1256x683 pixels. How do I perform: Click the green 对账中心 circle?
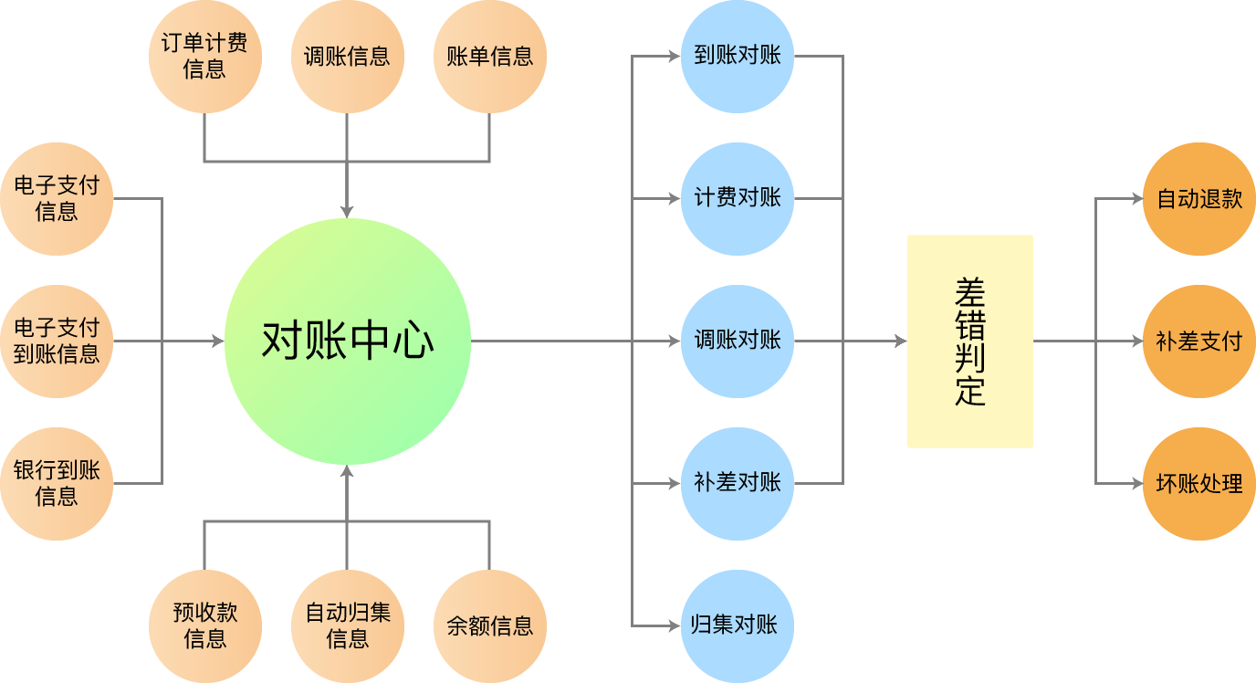347,341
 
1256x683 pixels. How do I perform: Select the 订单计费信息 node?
204,57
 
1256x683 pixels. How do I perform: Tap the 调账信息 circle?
347,57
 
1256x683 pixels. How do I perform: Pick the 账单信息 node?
489,57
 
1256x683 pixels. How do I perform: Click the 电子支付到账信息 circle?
57,341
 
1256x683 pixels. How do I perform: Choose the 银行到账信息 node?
57,484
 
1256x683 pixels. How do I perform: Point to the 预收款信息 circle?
204,626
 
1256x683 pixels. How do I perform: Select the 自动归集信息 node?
347,626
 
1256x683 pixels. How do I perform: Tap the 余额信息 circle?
489,626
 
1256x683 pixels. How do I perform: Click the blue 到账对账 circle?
737,57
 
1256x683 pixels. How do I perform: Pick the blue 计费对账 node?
737,199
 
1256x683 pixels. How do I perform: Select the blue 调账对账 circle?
737,341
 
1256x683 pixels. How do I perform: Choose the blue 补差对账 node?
737,484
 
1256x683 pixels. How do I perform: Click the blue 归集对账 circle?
737,626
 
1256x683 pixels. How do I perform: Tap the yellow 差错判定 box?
969,341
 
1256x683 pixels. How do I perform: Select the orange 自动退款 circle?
1198,199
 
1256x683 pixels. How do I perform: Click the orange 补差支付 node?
1198,341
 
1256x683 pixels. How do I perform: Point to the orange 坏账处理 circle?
1198,484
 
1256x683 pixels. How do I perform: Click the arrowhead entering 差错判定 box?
900,341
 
